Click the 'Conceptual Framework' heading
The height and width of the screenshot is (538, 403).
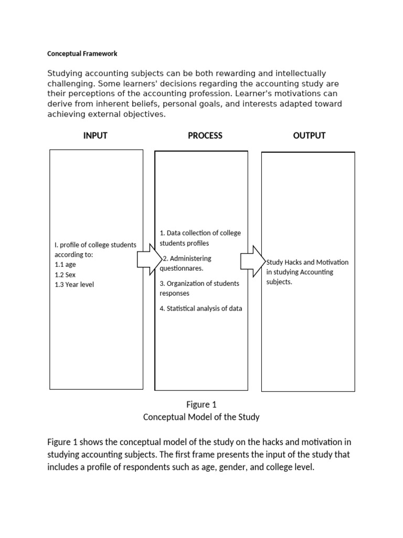tap(82, 54)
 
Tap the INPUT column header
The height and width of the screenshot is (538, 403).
tap(95, 136)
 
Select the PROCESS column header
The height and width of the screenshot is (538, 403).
tap(205, 136)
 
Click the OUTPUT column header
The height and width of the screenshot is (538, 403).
tap(309, 136)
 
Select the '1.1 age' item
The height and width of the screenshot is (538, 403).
tap(65, 265)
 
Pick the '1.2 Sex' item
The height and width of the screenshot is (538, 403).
tap(65, 275)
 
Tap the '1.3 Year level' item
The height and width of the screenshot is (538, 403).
tap(74, 285)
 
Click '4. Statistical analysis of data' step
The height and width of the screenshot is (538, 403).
tap(201, 309)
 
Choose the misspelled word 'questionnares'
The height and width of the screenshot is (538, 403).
tap(182, 268)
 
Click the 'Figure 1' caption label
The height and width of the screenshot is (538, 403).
tap(201, 405)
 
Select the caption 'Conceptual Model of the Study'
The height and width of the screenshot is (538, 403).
tap(201, 417)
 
